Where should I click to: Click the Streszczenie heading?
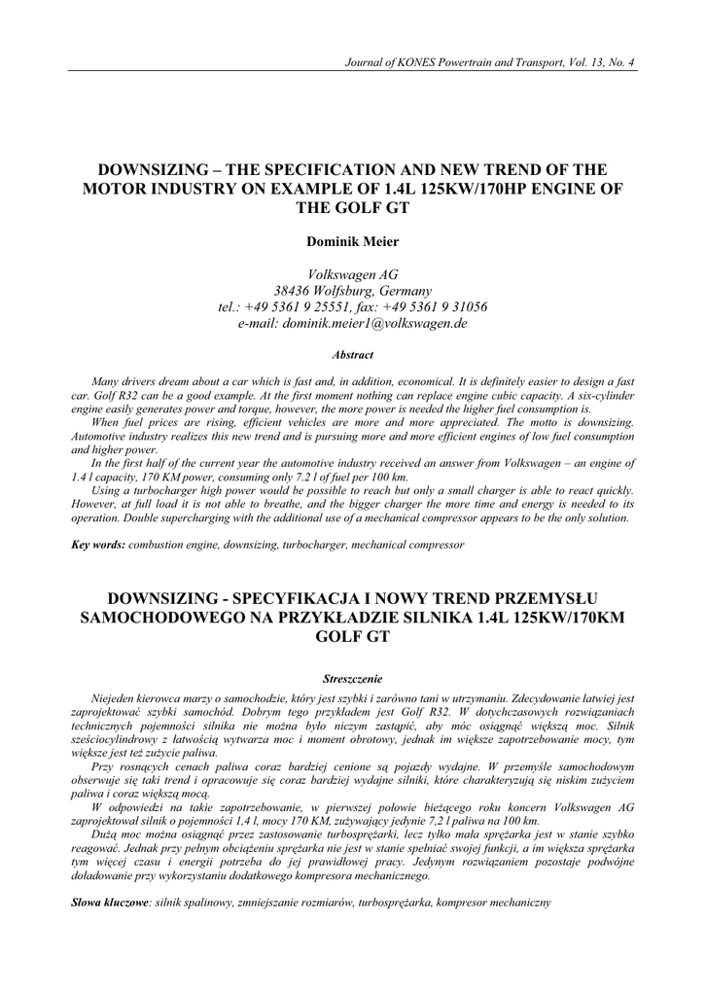[x=353, y=677]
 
